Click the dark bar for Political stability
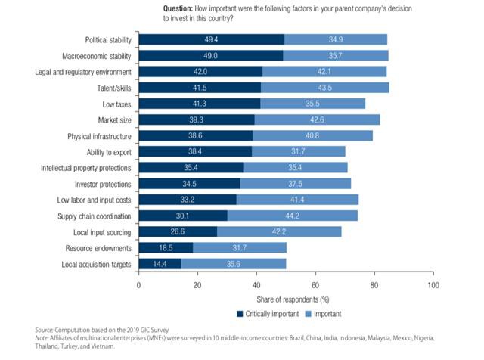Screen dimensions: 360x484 coord(212,39)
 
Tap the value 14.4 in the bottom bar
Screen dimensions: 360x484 coord(160,264)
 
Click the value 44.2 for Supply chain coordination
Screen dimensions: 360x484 coord(293,216)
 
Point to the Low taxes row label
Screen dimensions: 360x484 coord(117,104)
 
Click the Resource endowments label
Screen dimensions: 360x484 coord(99,248)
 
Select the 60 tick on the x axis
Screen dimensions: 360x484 coord(315,285)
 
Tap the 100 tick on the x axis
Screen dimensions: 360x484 coord(433,285)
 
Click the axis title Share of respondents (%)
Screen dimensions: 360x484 coord(286,298)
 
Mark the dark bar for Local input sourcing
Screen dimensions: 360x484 coord(178,231)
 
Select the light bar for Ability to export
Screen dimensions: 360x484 coord(299,151)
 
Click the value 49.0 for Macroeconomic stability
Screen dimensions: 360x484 coord(211,55)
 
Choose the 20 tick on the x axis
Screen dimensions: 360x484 coord(197,285)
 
